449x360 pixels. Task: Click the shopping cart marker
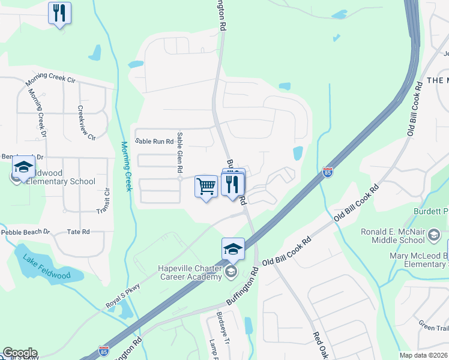pos(206,187)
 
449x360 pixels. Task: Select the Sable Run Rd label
pos(154,142)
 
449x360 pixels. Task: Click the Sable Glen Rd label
pos(179,155)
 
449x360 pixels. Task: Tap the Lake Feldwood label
pos(46,268)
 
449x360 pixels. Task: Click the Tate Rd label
pos(78,232)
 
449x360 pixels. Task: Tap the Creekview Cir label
pos(84,123)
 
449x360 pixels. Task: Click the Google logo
pos(19,353)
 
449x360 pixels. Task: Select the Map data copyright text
pos(424,355)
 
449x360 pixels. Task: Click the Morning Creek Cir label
pos(50,82)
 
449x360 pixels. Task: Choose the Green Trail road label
pos(434,327)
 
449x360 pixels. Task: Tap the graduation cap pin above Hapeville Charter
pos(233,248)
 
